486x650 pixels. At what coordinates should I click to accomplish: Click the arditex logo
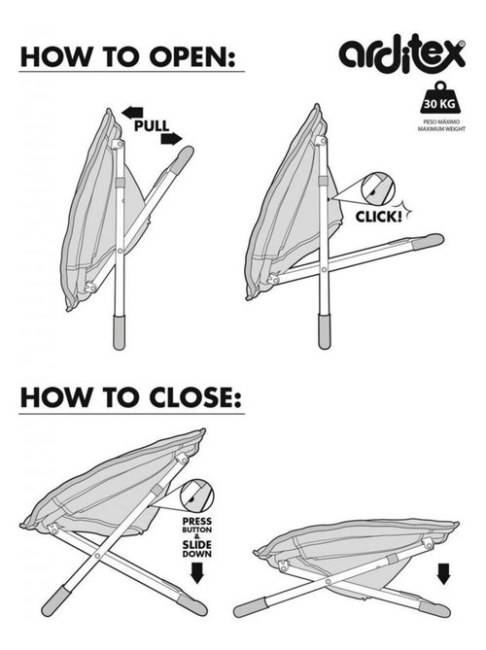402,55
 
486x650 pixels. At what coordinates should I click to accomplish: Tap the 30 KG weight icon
439,98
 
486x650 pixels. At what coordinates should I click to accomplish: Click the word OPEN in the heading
192,57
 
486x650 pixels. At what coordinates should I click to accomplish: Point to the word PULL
152,125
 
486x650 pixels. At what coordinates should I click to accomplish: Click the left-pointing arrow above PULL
132,112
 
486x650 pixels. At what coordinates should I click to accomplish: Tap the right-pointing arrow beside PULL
171,139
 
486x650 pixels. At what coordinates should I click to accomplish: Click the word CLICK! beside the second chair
379,216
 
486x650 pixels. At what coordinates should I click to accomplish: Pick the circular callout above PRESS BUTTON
196,496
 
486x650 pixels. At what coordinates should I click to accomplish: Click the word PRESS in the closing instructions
197,521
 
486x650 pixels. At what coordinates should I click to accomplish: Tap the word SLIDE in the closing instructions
197,545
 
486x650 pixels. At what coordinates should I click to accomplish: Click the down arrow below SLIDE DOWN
196,573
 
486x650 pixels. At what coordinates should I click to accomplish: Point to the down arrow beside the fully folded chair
443,574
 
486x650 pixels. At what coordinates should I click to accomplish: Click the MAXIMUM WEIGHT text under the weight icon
441,129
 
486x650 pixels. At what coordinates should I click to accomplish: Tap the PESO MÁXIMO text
441,122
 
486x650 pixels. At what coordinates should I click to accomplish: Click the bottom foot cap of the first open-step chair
120,332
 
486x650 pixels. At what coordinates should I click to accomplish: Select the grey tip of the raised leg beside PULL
182,158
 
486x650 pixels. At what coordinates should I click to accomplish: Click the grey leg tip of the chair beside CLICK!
428,241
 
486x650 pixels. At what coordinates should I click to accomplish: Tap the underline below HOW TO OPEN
131,72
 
